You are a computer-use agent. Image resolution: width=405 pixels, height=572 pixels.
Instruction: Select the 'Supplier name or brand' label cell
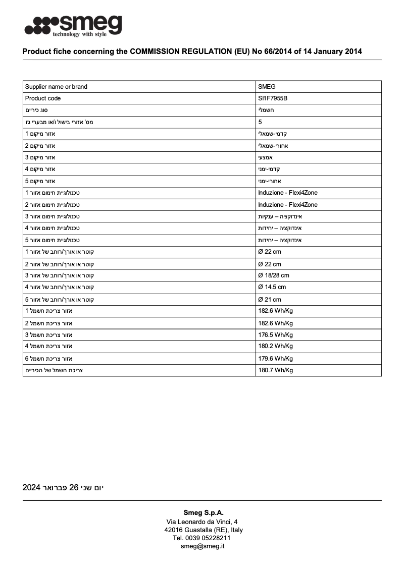[56, 87]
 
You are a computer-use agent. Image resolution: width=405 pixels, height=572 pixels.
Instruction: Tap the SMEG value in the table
[267, 87]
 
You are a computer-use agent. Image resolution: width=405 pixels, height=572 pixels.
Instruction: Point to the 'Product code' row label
[43, 98]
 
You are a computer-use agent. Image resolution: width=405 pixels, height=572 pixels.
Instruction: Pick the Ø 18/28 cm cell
[274, 275]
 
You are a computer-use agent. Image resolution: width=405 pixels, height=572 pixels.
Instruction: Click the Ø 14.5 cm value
[272, 287]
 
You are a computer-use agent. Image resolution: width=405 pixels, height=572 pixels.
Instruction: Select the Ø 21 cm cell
[270, 300]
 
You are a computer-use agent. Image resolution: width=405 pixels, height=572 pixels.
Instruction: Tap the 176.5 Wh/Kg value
[275, 334]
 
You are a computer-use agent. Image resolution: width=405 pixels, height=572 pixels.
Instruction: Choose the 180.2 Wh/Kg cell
[275, 346]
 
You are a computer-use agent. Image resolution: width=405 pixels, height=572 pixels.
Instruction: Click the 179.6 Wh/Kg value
[275, 359]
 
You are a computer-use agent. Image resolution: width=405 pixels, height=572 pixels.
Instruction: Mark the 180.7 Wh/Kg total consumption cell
[275, 370]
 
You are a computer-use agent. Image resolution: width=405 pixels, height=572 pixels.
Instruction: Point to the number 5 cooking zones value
[260, 122]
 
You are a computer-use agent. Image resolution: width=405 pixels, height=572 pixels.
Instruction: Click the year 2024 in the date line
[31, 488]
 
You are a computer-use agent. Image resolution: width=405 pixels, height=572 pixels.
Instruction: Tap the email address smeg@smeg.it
[202, 546]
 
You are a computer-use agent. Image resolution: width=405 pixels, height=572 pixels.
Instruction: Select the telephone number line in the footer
[202, 538]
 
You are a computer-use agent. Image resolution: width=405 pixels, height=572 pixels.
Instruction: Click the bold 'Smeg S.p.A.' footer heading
[203, 512]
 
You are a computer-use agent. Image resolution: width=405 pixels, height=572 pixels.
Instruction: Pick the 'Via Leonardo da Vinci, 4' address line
[202, 522]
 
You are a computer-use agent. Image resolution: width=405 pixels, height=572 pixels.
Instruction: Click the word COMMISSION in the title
[160, 51]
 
